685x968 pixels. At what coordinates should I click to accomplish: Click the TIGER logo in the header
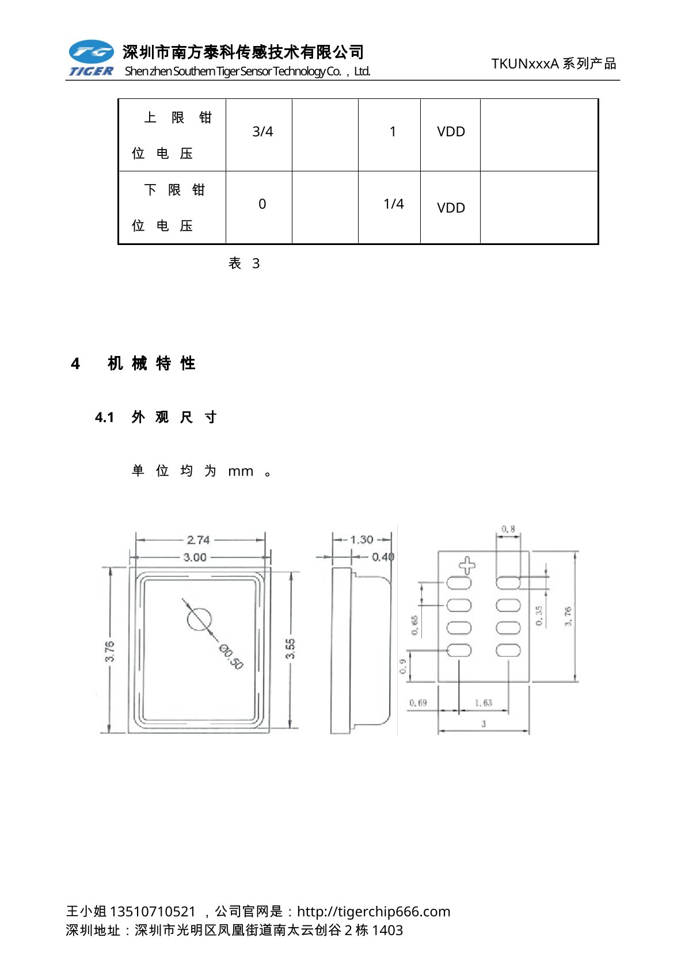pyautogui.click(x=91, y=58)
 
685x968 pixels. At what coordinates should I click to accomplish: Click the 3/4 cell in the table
pyautogui.click(x=262, y=132)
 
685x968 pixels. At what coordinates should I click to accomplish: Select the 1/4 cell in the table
pyautogui.click(x=394, y=204)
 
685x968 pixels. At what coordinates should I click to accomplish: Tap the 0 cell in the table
pyautogui.click(x=262, y=204)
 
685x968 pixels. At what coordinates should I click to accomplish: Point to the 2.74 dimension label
pyautogui.click(x=198, y=540)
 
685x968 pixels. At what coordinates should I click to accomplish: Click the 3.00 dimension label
pyautogui.click(x=195, y=557)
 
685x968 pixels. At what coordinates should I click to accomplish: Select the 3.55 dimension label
pyautogui.click(x=291, y=648)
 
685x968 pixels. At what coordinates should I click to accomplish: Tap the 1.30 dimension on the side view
pyautogui.click(x=361, y=540)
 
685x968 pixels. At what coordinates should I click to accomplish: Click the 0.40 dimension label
pyautogui.click(x=383, y=557)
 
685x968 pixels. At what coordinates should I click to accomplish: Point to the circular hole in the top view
pyautogui.click(x=199, y=619)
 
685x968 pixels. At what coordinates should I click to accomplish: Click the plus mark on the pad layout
pyautogui.click(x=467, y=565)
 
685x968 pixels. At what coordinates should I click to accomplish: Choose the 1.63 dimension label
pyautogui.click(x=484, y=703)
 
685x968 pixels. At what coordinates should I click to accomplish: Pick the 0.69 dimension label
pyautogui.click(x=418, y=703)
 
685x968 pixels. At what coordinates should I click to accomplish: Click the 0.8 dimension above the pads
pyautogui.click(x=508, y=529)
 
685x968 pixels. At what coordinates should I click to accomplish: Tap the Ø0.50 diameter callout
pyautogui.click(x=230, y=657)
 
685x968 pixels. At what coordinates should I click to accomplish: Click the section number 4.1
pyautogui.click(x=105, y=418)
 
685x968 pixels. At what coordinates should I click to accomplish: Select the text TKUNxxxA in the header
pyautogui.click(x=525, y=64)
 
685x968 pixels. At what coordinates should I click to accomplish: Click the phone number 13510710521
pyautogui.click(x=153, y=912)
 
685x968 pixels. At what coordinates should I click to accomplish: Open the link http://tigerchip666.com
pyautogui.click(x=374, y=912)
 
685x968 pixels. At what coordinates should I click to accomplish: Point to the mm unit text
pyautogui.click(x=241, y=472)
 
